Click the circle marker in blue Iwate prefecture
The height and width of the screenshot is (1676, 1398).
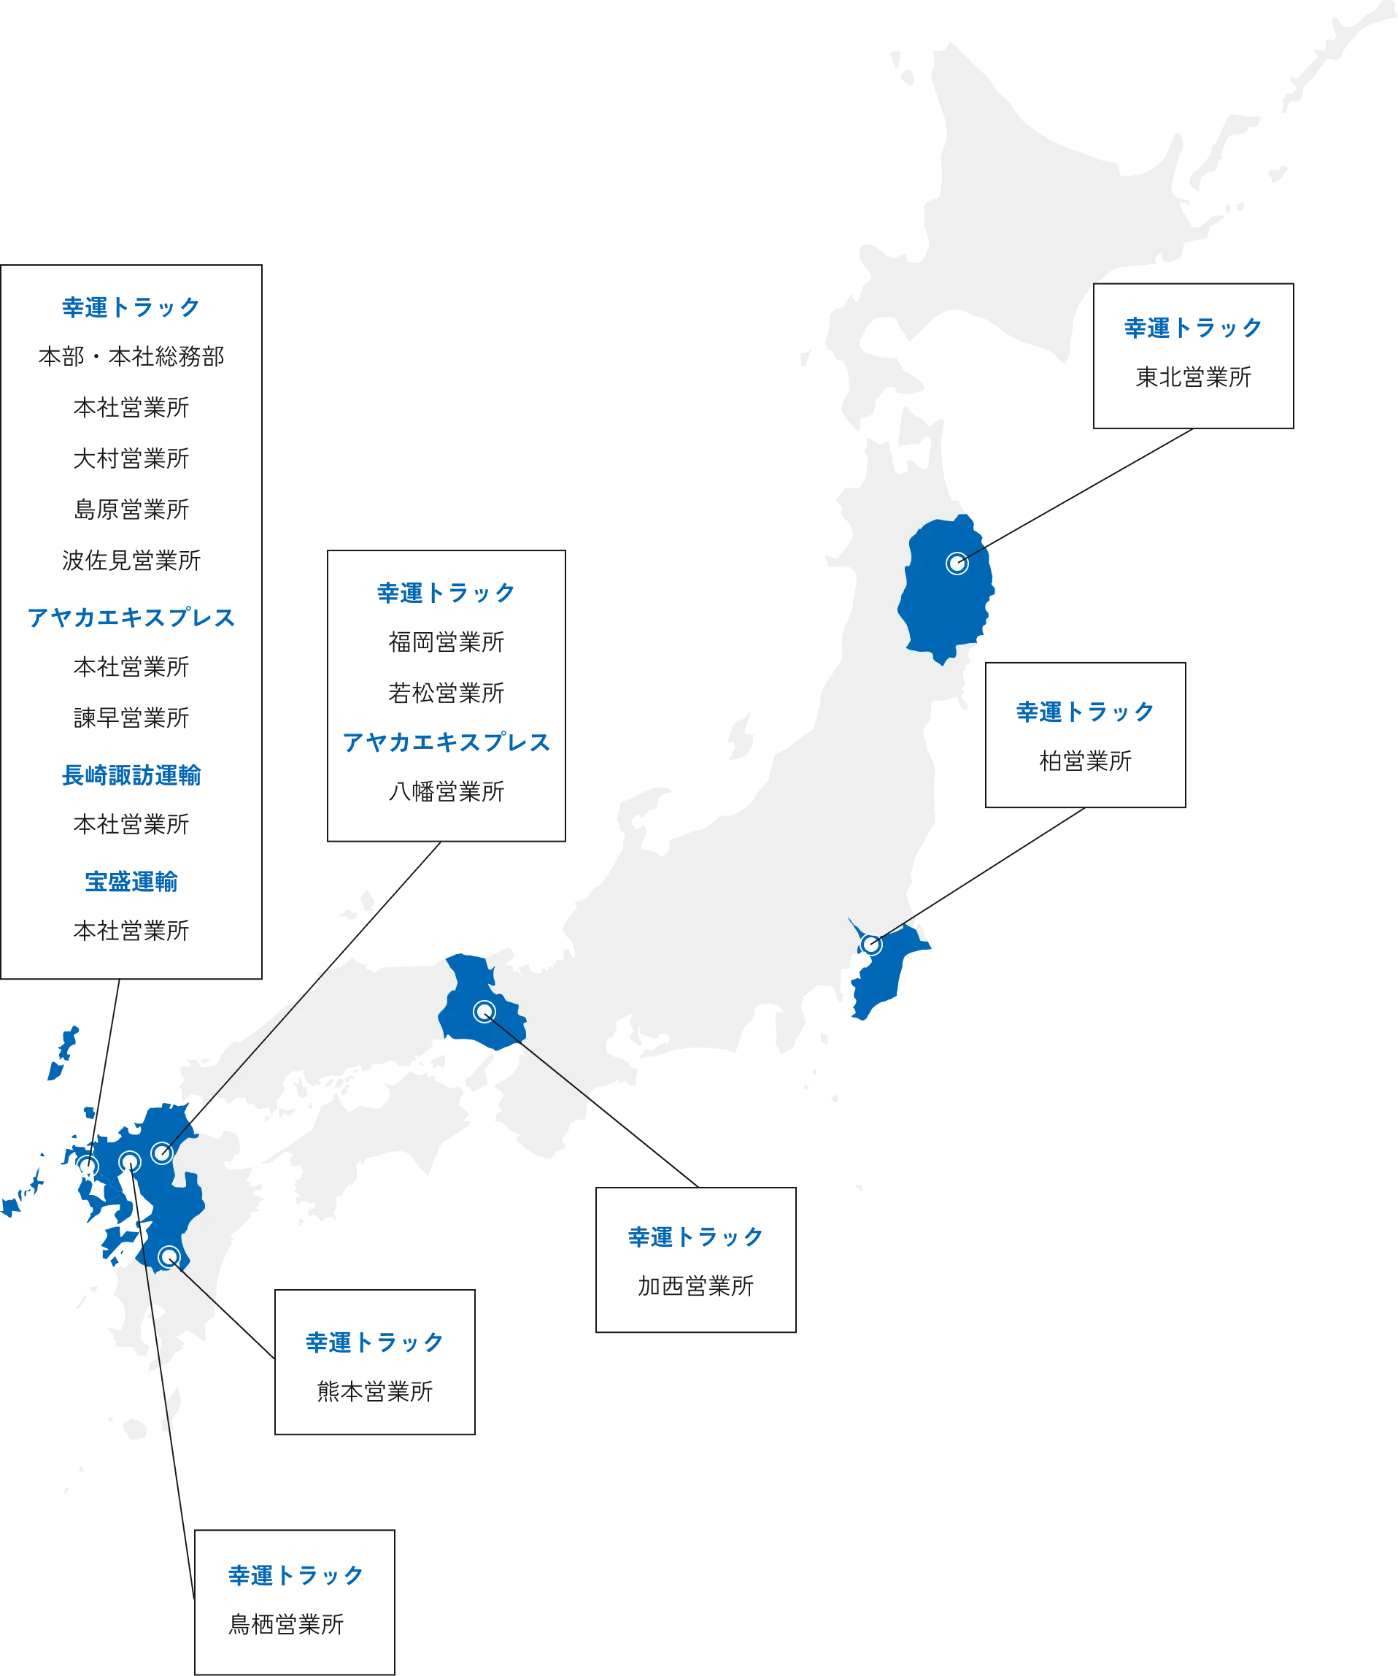[x=957, y=563]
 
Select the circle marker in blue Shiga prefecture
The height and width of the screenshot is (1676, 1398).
[x=484, y=1011]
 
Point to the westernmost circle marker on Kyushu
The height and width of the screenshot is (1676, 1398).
[x=87, y=1166]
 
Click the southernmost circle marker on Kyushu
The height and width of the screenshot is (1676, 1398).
[x=169, y=1257]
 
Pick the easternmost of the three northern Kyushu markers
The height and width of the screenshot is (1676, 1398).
[x=162, y=1153]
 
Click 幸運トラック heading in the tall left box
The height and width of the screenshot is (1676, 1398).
[x=129, y=308]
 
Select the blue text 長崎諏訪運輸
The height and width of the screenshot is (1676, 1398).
[x=131, y=775]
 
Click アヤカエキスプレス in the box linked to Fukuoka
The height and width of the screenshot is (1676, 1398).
[x=446, y=742]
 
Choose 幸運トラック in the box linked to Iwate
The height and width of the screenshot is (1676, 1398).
[x=1192, y=327]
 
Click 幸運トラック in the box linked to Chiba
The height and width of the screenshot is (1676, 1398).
[x=1084, y=712]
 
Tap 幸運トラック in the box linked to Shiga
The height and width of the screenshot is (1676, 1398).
[x=695, y=1237]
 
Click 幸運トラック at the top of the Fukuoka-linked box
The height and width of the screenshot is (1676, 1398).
[x=444, y=593]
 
